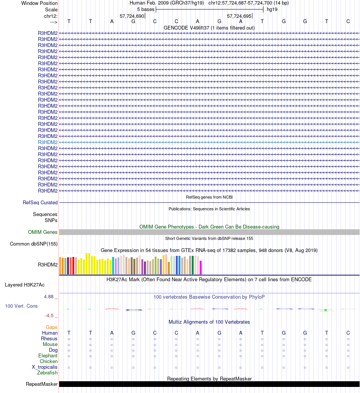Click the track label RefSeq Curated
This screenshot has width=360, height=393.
pyautogui.click(x=40, y=203)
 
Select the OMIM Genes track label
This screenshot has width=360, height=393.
pyautogui.click(x=43, y=232)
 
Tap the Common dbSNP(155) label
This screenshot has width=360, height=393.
pyautogui.click(x=34, y=244)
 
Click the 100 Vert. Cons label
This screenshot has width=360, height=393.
pyautogui.click(x=21, y=306)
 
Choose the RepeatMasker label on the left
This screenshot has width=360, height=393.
pyautogui.click(x=42, y=384)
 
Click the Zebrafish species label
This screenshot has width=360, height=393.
pyautogui.click(x=47, y=373)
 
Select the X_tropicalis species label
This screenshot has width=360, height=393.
pyautogui.click(x=45, y=367)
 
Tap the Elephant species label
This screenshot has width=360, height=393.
pyautogui.click(x=48, y=356)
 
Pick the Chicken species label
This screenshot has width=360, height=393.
pyautogui.click(x=49, y=362)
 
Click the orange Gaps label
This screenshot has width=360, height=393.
pyautogui.click(x=52, y=327)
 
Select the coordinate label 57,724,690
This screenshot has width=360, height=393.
pyautogui.click(x=132, y=16)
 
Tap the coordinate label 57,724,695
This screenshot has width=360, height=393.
pyautogui.click(x=239, y=16)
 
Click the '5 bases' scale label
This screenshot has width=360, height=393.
pyautogui.click(x=146, y=9)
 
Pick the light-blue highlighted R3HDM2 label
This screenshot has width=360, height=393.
pyautogui.click(x=48, y=142)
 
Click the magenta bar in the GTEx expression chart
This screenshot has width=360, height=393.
pyautogui.click(x=201, y=268)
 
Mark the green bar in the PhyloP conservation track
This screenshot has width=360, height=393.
pyautogui.click(x=326, y=310)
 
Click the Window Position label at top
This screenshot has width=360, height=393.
pyautogui.click(x=39, y=3)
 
